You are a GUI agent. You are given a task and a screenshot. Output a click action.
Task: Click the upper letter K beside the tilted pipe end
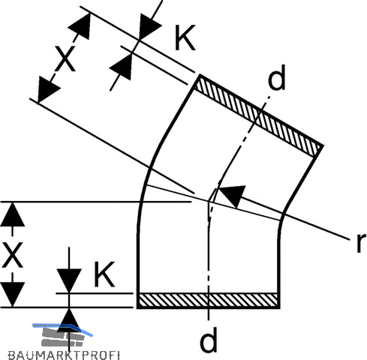click(185, 37)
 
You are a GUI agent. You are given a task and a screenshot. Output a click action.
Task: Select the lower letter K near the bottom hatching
click(104, 274)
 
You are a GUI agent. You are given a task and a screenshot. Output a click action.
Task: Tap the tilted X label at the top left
click(65, 58)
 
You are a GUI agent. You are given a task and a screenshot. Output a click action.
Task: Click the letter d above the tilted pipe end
click(276, 77)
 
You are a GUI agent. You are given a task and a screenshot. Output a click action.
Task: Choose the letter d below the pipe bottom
click(209, 339)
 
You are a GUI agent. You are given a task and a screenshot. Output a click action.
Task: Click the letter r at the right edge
click(361, 242)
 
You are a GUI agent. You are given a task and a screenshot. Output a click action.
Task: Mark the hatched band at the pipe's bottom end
click(209, 300)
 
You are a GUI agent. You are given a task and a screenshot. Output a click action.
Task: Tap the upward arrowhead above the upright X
click(12, 214)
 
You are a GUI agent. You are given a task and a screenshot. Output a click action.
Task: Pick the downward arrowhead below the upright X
click(12, 294)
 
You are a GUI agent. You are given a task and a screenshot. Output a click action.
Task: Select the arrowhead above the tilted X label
click(80, 26)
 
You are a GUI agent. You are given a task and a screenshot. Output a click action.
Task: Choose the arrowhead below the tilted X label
click(47, 89)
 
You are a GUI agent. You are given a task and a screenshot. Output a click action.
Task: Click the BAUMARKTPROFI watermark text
click(64, 355)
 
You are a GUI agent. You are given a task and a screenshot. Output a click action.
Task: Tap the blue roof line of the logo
click(62, 328)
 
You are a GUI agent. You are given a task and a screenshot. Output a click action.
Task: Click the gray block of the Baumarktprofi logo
click(62, 337)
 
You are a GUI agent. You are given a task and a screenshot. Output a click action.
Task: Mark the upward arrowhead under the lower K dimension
click(70, 320)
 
